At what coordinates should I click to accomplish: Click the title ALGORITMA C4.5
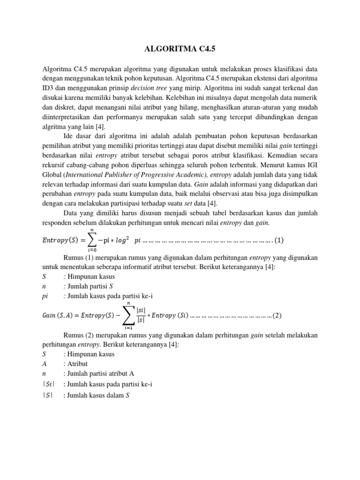[180, 48]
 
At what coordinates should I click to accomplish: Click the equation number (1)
[279, 240]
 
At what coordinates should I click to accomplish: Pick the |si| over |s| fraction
[140, 315]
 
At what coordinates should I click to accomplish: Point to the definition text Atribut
[78, 364]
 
